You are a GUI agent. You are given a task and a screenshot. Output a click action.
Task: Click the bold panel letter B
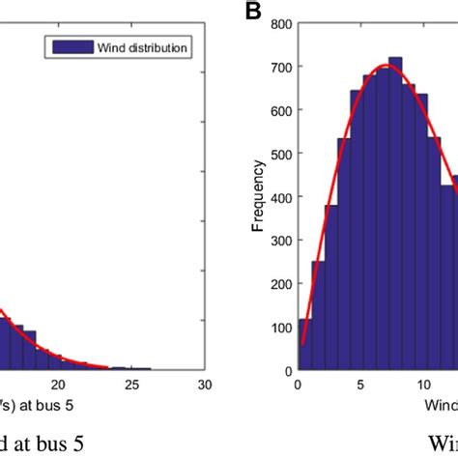click(252, 12)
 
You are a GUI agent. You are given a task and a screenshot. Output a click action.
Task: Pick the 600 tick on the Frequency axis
click(280, 107)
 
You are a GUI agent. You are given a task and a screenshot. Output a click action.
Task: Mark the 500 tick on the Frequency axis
click(280, 151)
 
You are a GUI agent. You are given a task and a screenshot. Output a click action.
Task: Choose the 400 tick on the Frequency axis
click(280, 195)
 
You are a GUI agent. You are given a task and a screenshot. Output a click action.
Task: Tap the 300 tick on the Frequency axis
click(280, 239)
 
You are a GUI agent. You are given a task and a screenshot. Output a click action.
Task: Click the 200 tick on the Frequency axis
click(280, 282)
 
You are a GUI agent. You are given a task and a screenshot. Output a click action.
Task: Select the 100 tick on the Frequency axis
click(280, 327)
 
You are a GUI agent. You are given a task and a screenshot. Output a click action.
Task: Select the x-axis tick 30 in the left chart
click(204, 385)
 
